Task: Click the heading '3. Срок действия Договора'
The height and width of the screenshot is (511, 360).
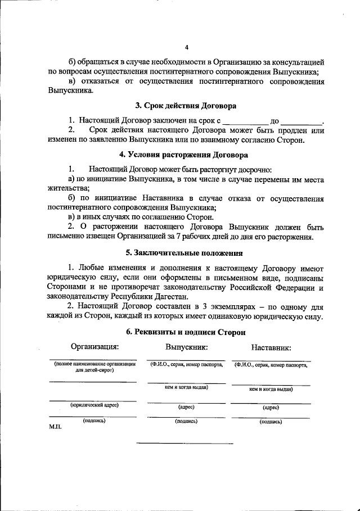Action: [x=186, y=105]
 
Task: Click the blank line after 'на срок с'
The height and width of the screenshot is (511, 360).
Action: [x=245, y=121]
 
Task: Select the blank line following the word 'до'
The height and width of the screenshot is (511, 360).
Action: [x=301, y=121]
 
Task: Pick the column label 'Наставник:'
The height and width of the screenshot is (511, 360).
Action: [x=272, y=348]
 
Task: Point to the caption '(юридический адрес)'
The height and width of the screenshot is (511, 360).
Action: [x=94, y=405]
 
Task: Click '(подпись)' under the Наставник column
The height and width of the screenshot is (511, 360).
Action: [x=271, y=422]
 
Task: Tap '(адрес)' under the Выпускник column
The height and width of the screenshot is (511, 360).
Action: [x=186, y=406]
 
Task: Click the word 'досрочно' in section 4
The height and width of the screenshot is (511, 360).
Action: [x=254, y=169]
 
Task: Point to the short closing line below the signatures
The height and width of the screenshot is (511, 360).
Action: [x=185, y=444]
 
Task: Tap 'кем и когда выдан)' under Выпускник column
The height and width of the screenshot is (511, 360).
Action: [x=186, y=387]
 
